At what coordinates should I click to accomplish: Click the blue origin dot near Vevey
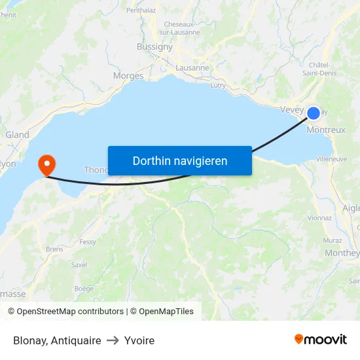point(314,113)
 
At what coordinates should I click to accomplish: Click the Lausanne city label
point(192,67)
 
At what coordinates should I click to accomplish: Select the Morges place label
point(128,76)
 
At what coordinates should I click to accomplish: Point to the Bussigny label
point(154,46)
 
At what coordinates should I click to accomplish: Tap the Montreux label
point(326,130)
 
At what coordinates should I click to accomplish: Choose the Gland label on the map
point(17,135)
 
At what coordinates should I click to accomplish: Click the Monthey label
point(342,253)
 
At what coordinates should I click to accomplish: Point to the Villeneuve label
point(331,159)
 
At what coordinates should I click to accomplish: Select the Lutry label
point(218,85)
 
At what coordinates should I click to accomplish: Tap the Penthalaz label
point(141,10)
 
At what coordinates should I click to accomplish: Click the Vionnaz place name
point(319,218)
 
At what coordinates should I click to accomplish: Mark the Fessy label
point(88,242)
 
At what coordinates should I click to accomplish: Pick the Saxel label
point(79,265)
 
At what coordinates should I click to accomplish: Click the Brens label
point(54,249)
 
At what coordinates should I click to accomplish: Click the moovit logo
point(321,340)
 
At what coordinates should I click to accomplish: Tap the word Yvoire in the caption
point(139,340)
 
